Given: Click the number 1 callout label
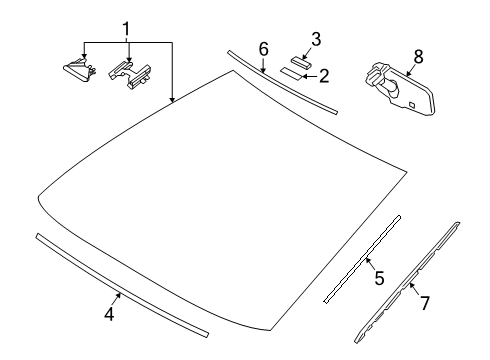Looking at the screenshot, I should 125,26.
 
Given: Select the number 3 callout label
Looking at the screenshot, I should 315,40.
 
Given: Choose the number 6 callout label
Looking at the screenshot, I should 263,48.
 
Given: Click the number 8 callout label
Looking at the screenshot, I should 418,56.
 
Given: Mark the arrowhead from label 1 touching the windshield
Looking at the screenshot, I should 174,101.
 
